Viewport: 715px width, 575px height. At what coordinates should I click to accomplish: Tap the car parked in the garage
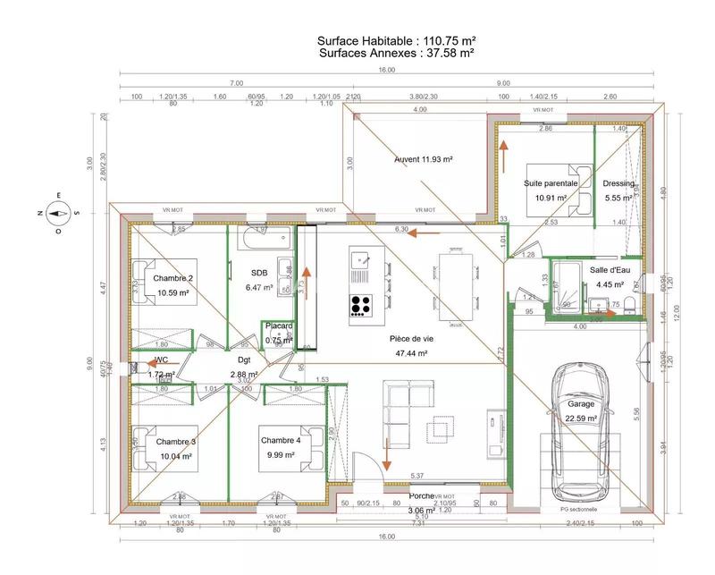(x=581, y=433)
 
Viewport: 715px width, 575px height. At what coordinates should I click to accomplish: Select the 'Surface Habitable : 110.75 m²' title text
(x=395, y=41)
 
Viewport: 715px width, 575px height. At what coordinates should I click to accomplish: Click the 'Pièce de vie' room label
(x=408, y=339)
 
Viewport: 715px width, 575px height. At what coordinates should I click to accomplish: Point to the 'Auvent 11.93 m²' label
(x=424, y=159)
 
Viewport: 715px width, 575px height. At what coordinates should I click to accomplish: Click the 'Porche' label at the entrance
(x=421, y=495)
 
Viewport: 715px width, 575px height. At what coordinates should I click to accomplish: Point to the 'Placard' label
(x=279, y=326)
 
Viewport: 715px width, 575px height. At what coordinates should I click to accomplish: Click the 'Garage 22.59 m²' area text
(x=581, y=410)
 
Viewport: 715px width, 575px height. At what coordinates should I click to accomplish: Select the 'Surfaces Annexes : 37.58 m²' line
(x=395, y=54)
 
